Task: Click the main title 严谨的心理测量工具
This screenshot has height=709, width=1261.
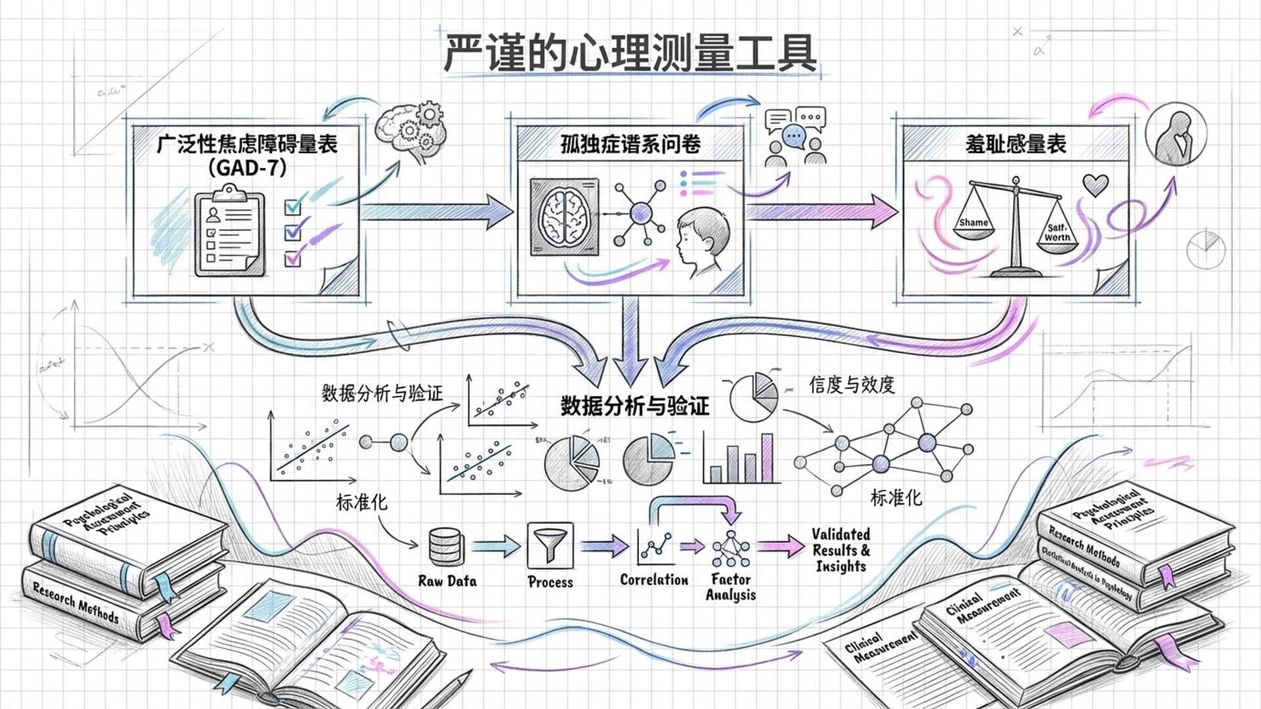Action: [630, 53]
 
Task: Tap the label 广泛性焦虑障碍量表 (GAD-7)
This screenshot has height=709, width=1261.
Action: [247, 155]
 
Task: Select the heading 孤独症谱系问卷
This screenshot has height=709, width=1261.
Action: [630, 144]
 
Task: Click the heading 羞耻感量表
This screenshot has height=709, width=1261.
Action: [1015, 144]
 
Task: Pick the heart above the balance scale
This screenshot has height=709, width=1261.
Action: [1095, 184]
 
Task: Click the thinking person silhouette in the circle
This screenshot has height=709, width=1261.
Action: [1176, 135]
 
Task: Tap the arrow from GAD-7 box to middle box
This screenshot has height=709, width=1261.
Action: [436, 211]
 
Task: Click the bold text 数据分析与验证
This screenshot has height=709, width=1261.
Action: [634, 406]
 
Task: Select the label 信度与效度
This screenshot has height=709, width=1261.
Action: [852, 385]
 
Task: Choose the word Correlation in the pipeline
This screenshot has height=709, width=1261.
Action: [654, 580]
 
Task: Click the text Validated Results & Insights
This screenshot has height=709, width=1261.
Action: [841, 550]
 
